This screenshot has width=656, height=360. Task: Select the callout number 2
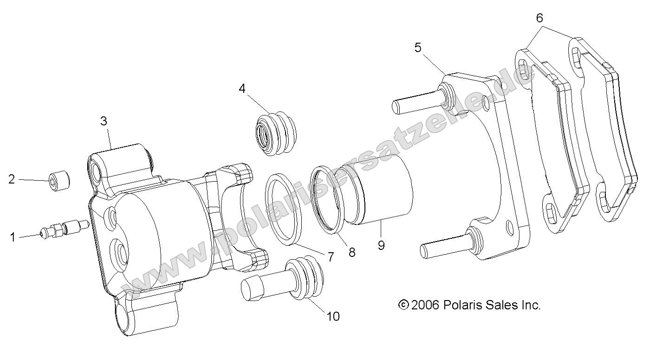pyautogui.click(x=12, y=179)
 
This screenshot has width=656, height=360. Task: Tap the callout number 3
pyautogui.click(x=104, y=121)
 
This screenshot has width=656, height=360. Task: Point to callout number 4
pyautogui.click(x=242, y=88)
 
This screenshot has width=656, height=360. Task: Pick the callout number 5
pyautogui.click(x=418, y=48)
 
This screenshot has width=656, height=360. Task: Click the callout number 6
pyautogui.click(x=539, y=18)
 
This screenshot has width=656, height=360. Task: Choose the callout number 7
pyautogui.click(x=330, y=257)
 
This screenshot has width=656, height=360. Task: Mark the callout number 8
pyautogui.click(x=351, y=252)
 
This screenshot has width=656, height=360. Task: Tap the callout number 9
pyautogui.click(x=381, y=245)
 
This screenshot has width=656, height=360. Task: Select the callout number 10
pyautogui.click(x=333, y=317)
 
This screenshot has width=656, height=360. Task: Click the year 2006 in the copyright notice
pyautogui.click(x=425, y=305)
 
